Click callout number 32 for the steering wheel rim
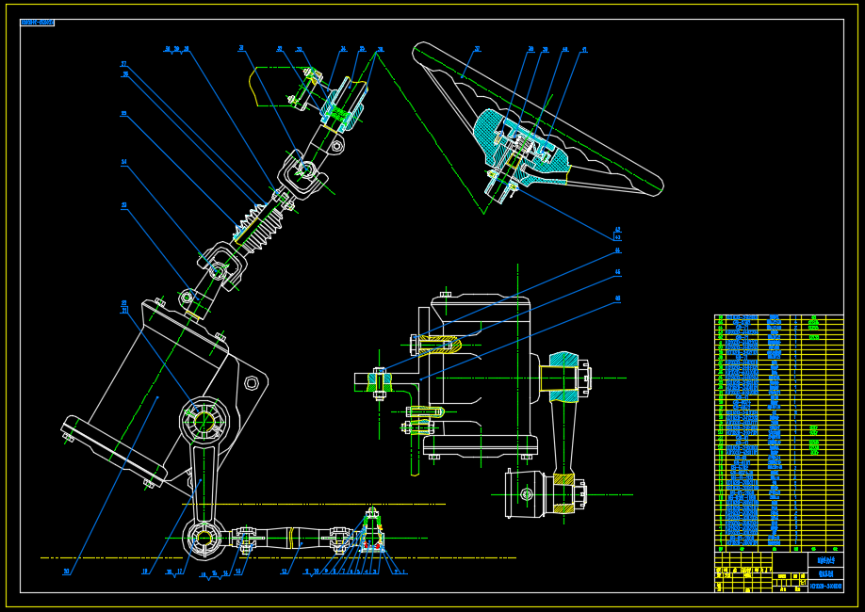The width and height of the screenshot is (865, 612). (x=477, y=48)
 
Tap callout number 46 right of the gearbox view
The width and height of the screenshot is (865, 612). (x=618, y=298)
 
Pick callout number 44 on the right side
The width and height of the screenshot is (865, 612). (x=618, y=250)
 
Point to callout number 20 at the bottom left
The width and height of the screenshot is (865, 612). (x=66, y=571)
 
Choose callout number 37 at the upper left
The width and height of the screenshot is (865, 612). (x=123, y=64)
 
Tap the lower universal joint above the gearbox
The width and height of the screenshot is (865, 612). (x=219, y=270)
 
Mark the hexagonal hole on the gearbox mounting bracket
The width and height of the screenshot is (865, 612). (x=252, y=382)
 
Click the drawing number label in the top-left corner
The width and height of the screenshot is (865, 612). (x=37, y=23)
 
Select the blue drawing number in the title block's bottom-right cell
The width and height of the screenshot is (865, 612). (x=825, y=586)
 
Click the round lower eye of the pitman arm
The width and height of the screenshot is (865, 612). (x=204, y=538)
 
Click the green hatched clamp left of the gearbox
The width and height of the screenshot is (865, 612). (x=379, y=381)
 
